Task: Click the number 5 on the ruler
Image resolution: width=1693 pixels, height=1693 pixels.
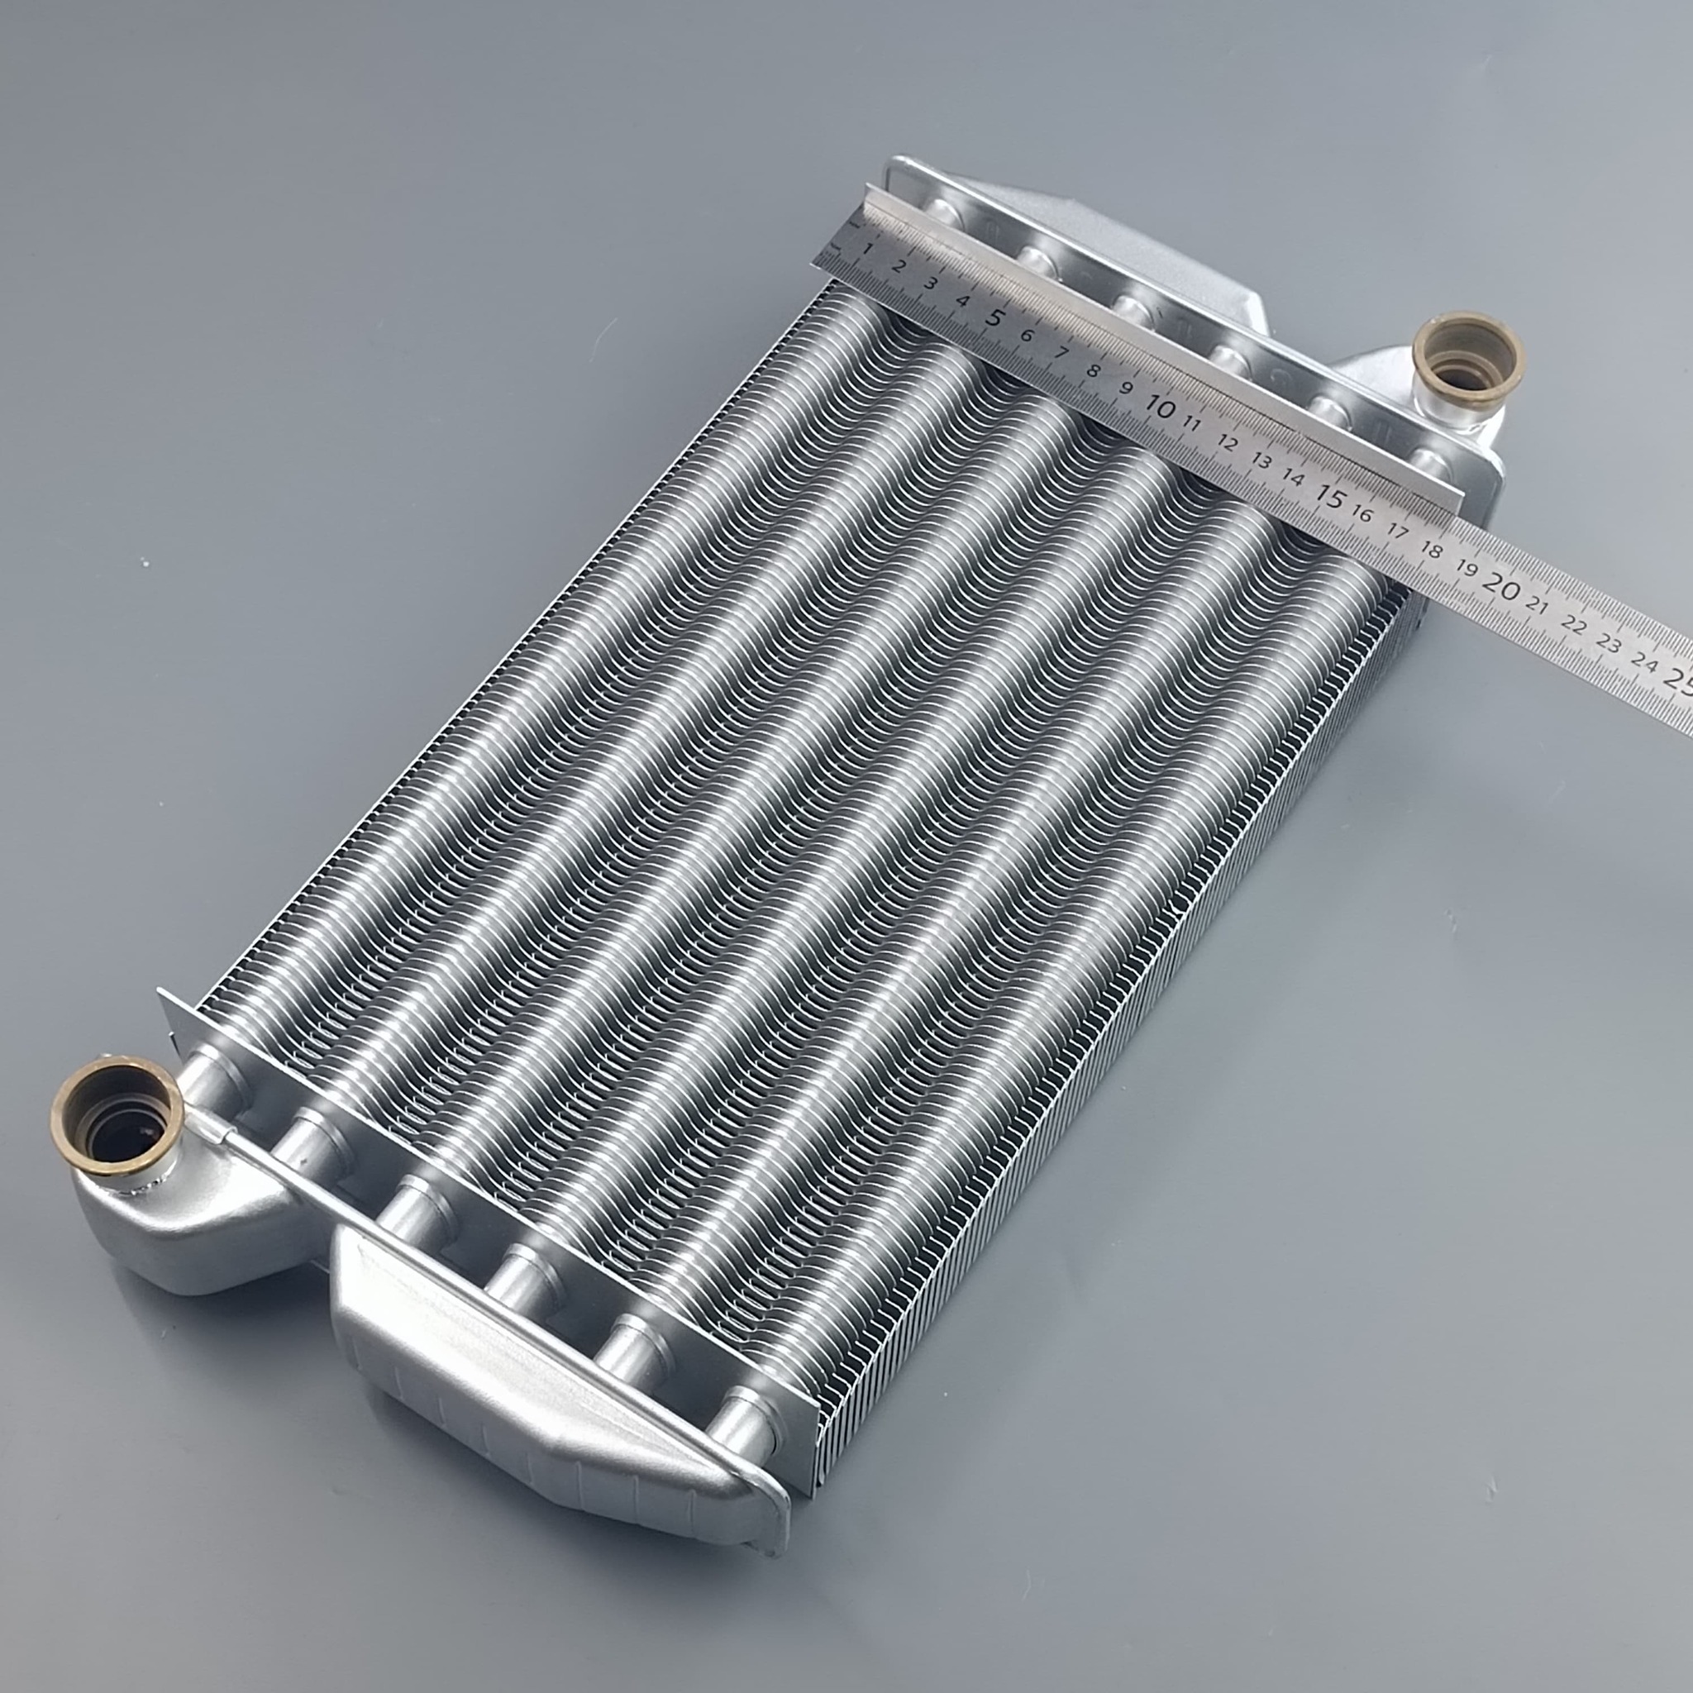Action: [994, 317]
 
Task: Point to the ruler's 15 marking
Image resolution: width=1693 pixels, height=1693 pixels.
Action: [1330, 498]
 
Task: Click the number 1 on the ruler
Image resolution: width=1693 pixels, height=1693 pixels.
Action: [867, 250]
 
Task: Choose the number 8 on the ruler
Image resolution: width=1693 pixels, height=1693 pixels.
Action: [1093, 370]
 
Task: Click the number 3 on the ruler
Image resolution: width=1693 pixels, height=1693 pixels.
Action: [932, 283]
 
